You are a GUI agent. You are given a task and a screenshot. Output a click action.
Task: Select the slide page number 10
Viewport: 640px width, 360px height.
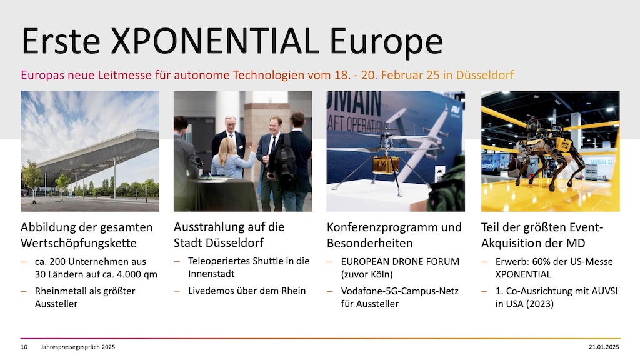(24, 347)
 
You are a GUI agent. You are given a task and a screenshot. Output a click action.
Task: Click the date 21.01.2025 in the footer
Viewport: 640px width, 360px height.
(604, 347)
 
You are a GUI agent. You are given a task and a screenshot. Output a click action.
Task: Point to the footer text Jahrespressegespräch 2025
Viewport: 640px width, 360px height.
(78, 347)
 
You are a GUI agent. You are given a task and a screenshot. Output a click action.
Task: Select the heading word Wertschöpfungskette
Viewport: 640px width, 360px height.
(79, 242)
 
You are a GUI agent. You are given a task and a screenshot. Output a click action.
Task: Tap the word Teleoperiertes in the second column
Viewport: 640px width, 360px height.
(217, 261)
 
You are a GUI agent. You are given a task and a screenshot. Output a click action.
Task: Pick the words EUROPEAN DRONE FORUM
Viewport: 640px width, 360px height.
(400, 261)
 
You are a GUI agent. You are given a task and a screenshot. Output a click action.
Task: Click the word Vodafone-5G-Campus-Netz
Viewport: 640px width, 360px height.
(394, 291)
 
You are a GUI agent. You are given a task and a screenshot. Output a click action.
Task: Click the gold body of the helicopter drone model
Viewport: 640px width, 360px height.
(385, 164)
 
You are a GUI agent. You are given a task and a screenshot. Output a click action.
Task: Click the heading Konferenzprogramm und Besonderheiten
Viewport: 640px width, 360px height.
(394, 234)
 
